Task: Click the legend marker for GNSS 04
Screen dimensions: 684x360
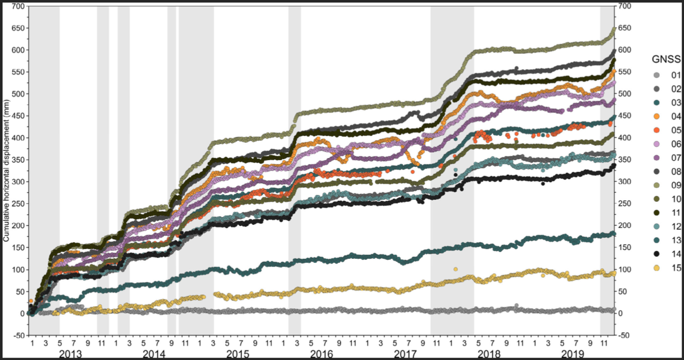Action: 656,116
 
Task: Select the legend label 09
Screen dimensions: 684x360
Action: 676,185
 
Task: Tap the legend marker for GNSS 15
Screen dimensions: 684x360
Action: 656,268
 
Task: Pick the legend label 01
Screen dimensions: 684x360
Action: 676,75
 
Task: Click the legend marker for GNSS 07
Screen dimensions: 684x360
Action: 656,158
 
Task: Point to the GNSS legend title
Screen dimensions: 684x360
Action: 666,59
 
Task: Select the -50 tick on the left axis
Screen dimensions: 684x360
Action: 19,335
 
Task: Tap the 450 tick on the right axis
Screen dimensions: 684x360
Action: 624,116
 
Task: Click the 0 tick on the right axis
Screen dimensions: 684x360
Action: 620,314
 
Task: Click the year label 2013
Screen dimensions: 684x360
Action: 70,354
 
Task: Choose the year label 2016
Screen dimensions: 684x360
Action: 322,354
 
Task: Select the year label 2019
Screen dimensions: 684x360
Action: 573,354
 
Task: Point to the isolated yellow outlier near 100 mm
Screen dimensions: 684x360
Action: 456,270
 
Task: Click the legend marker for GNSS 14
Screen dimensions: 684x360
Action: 656,254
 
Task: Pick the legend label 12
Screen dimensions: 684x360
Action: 676,226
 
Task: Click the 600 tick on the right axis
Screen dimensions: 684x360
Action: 624,50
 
